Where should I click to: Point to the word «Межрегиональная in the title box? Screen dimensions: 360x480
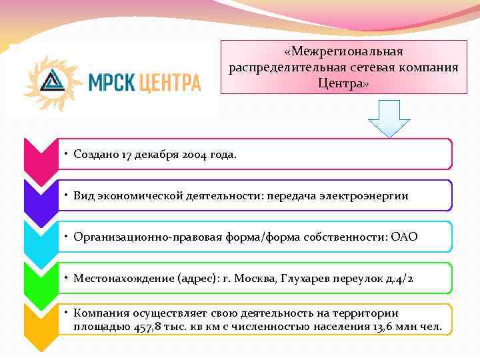coord(343,52)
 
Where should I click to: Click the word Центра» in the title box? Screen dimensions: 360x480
coord(343,84)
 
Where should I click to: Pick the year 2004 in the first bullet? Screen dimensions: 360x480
coord(195,155)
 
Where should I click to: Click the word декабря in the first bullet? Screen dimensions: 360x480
coord(155,155)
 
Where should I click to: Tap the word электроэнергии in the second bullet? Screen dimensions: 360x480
coord(371,196)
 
